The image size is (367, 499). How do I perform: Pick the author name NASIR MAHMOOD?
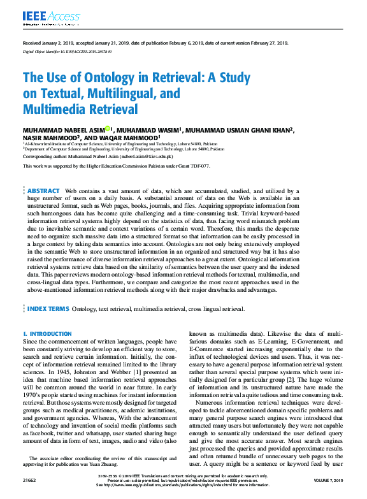(50, 137)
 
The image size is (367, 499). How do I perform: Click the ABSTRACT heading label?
(43, 191)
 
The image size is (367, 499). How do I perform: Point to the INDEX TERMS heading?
(48, 308)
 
